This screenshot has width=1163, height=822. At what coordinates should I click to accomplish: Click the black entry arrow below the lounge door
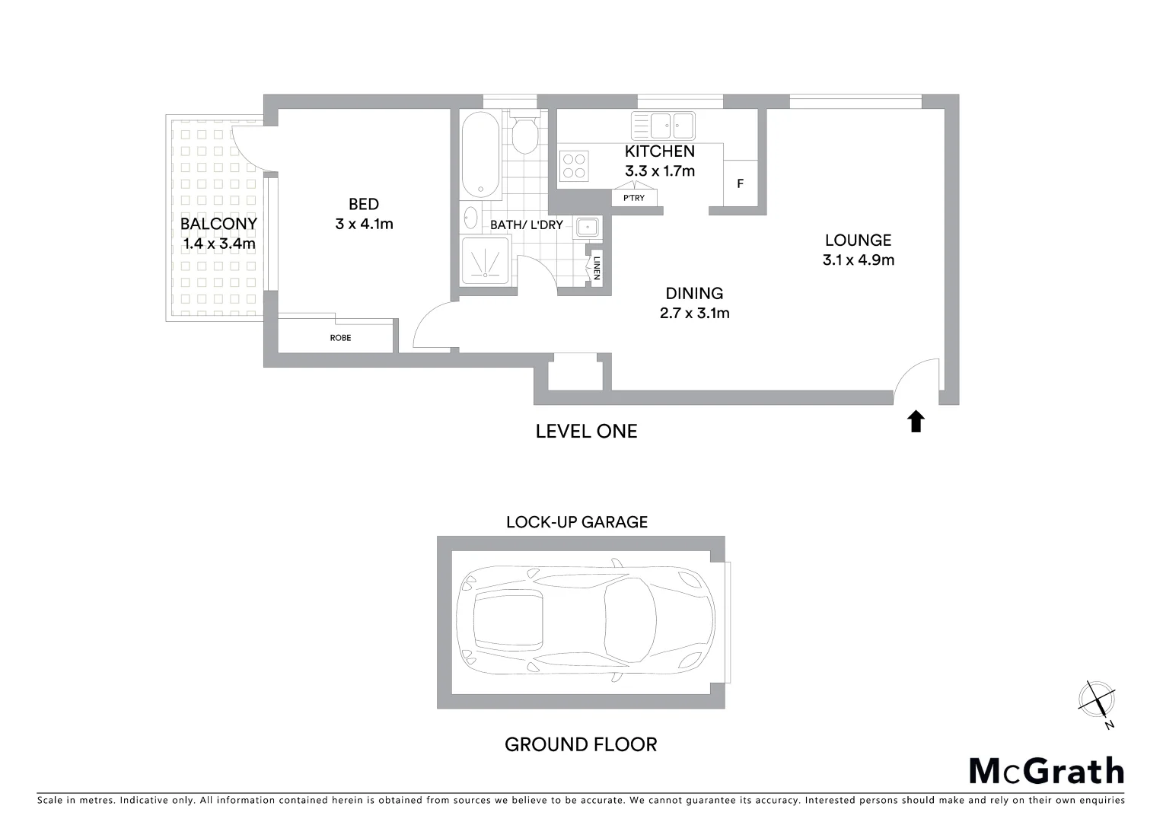click(916, 422)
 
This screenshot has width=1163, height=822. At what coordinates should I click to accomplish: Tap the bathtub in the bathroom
click(480, 155)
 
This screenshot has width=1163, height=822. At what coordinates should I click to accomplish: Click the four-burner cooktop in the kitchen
click(575, 166)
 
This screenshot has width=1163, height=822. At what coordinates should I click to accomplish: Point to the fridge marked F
click(740, 183)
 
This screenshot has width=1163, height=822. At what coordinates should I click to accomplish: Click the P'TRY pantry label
click(633, 198)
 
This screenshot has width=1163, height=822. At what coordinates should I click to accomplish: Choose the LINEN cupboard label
click(597, 266)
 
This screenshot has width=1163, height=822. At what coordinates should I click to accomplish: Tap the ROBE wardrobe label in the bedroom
click(340, 337)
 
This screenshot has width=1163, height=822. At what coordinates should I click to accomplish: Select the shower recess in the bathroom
click(485, 261)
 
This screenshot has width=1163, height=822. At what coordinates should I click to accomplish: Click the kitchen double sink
click(662, 124)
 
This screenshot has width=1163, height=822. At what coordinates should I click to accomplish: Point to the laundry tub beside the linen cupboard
click(587, 227)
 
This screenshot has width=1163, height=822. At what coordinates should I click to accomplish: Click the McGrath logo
click(1046, 771)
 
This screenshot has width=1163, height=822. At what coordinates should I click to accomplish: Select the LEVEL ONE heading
click(586, 432)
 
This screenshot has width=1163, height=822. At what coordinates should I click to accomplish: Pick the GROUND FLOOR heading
click(581, 744)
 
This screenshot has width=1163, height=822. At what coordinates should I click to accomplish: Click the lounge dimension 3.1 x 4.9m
click(858, 260)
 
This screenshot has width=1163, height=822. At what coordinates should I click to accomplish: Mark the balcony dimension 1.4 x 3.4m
click(218, 244)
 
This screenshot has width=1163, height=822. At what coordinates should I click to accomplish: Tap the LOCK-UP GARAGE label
click(577, 522)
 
